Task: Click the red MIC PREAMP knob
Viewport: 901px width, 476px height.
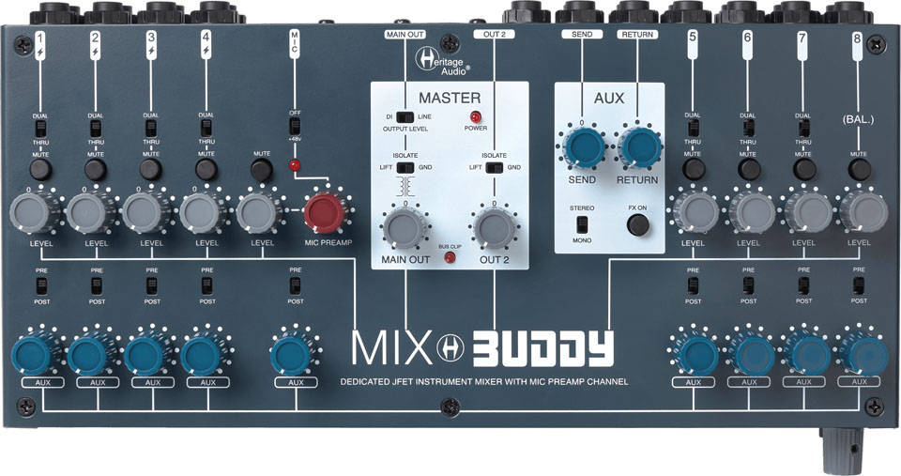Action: [324, 212]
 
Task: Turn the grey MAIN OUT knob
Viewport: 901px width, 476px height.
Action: [405, 228]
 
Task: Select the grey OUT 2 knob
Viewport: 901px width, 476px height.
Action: [495, 228]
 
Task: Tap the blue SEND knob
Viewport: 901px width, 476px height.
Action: [583, 147]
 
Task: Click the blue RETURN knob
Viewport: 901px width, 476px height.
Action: [639, 147]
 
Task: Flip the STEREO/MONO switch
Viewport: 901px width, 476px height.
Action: [583, 224]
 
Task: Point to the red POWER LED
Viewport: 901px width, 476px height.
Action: [475, 116]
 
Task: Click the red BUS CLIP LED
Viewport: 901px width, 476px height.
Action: [450, 257]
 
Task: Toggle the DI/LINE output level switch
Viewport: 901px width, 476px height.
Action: [405, 116]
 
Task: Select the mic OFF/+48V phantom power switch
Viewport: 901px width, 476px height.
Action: [295, 126]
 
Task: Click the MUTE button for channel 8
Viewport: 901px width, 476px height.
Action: [860, 170]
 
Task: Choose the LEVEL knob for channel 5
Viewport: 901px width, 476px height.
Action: [695, 213]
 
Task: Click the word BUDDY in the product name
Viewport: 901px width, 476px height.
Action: [542, 349]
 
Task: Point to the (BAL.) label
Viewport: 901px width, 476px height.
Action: [858, 120]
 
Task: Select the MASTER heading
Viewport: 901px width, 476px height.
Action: [450, 98]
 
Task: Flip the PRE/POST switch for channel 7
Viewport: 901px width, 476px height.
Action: [803, 285]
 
